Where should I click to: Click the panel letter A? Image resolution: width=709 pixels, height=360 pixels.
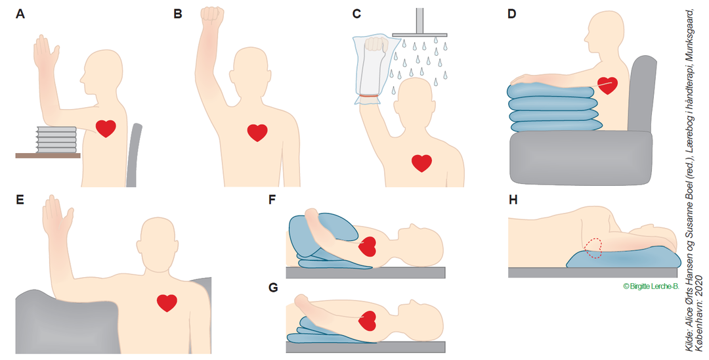[x=20, y=14]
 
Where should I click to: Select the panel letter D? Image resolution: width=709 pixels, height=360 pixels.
[x=511, y=14]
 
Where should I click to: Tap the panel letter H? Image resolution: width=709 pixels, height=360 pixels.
[x=513, y=200]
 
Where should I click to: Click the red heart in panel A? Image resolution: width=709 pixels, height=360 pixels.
[x=106, y=129]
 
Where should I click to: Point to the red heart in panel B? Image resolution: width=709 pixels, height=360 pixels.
[x=257, y=133]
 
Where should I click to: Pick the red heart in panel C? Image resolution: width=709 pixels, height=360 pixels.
[x=421, y=164]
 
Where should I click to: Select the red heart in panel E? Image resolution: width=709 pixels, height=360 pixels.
[x=167, y=303]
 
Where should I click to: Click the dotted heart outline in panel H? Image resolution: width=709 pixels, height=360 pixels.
[x=593, y=248]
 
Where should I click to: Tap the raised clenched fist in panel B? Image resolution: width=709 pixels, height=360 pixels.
[x=212, y=15]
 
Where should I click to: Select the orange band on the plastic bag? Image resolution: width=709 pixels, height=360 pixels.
[x=369, y=96]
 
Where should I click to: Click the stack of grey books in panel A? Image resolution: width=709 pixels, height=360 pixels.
[x=56, y=140]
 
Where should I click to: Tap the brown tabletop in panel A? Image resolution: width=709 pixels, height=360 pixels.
[x=48, y=156]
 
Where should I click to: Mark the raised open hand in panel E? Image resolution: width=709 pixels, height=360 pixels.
[x=57, y=215]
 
